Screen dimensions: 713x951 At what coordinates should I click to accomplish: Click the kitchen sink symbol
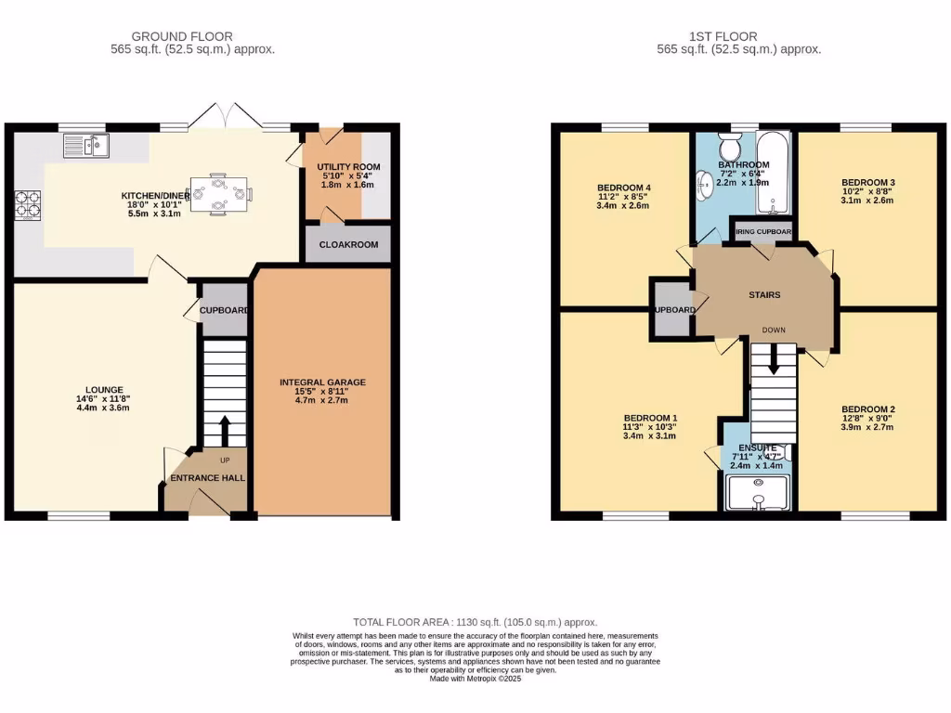86,145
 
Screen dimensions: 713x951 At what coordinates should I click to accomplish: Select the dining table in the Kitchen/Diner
218,194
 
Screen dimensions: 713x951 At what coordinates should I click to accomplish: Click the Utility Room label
347,167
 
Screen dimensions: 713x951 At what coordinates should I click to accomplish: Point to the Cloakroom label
347,245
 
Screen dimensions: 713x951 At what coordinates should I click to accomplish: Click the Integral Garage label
322,382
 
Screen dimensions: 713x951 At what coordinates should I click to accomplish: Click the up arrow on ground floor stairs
224,428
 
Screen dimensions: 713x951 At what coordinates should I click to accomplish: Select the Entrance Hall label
206,477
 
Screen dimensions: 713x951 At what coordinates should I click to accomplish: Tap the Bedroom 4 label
623,188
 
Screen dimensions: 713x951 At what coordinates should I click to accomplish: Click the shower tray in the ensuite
758,494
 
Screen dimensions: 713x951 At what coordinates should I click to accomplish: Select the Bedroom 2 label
867,408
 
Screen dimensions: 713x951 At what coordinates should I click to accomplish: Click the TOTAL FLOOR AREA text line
475,621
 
